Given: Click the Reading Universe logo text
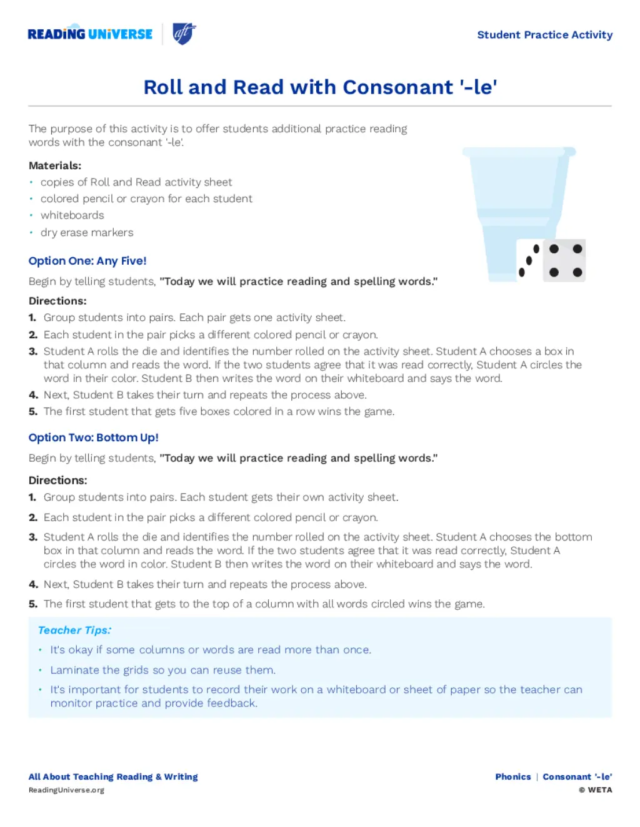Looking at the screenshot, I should (90, 34).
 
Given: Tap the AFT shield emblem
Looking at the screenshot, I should (184, 34).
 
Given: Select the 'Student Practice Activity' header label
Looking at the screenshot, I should (544, 35).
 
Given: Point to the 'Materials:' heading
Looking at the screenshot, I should (55, 165).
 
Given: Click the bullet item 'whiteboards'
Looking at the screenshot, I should (72, 215).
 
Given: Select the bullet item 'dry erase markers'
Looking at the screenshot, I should (87, 232).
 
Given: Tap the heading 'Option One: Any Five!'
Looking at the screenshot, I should (87, 261).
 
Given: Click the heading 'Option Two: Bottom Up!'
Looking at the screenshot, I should (94, 438).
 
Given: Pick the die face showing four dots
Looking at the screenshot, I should (565, 260).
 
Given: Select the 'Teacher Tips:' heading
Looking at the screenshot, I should (75, 630).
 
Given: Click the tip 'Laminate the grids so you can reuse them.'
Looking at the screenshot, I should (162, 670).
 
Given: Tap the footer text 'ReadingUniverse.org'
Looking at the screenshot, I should (66, 790).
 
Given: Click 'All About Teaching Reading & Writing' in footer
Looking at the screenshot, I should (113, 776).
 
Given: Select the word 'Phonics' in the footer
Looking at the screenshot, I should (513, 776).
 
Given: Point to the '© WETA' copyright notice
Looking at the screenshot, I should (596, 790).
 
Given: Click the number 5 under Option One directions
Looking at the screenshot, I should (33, 412).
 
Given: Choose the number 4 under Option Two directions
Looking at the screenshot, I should (33, 584).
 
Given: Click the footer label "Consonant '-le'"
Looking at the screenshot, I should (577, 776).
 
